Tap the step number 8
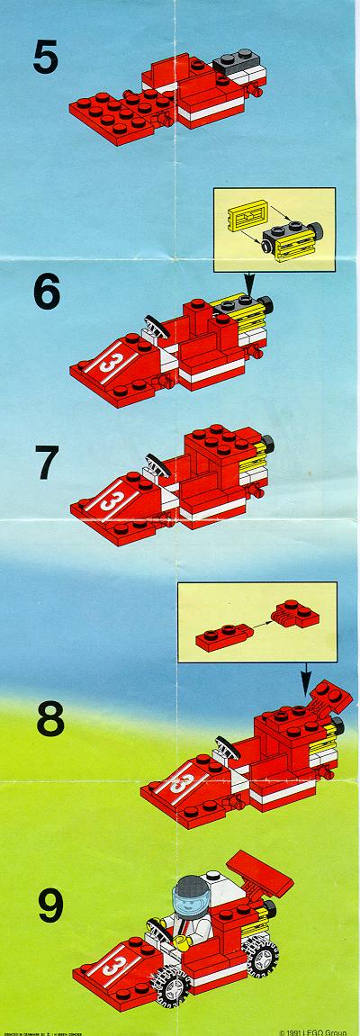pyautogui.click(x=45, y=721)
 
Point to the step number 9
pyautogui.click(x=44, y=905)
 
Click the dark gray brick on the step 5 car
pyautogui.click(x=232, y=62)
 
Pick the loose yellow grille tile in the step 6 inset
pyautogui.click(x=244, y=215)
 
